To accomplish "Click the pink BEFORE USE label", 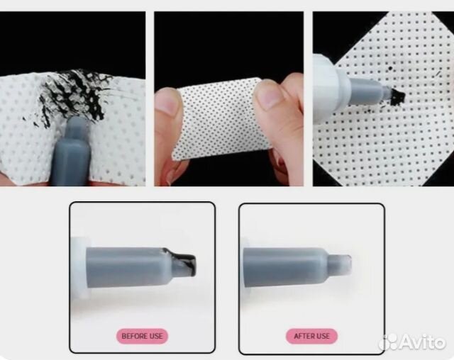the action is point(142,336).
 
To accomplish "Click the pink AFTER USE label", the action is point(311,336).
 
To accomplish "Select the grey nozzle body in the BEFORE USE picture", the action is point(128,267).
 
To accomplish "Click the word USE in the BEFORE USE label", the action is point(156,336).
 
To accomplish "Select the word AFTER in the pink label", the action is point(302,336).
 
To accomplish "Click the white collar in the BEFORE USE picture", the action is point(79,267).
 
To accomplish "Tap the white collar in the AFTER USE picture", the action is point(242,266).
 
